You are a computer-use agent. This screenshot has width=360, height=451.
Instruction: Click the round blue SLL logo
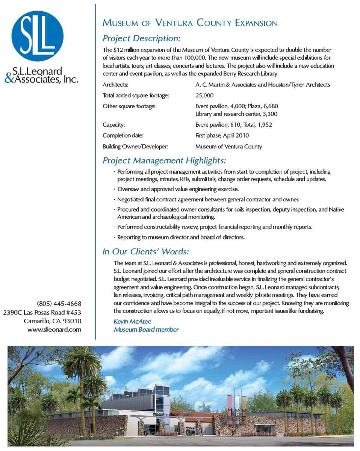pos(37,36)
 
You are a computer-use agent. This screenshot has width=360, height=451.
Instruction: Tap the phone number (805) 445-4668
pos(59,303)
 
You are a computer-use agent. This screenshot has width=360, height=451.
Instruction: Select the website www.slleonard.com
pos(54,329)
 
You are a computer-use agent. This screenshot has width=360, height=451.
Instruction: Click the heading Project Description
pos(142,38)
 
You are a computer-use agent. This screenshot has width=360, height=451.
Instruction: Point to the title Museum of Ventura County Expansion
pos(190,23)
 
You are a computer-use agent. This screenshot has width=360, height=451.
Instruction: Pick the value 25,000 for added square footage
pos(204,95)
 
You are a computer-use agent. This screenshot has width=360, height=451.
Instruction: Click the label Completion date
pos(123,135)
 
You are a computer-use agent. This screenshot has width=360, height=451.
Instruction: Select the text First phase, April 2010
pos(222,135)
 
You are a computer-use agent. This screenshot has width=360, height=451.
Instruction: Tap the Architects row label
pos(115,85)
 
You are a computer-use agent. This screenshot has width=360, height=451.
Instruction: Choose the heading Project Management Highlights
pos(164,161)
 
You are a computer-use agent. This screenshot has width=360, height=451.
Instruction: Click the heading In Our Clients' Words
pos(146,251)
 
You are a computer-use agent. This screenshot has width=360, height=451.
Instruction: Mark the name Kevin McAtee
pos(132,321)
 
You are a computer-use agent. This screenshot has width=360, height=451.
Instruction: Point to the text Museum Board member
pos(146,330)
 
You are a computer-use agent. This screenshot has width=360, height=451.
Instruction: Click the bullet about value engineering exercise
pos(178,189)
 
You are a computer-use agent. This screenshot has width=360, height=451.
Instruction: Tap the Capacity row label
pos(114,124)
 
